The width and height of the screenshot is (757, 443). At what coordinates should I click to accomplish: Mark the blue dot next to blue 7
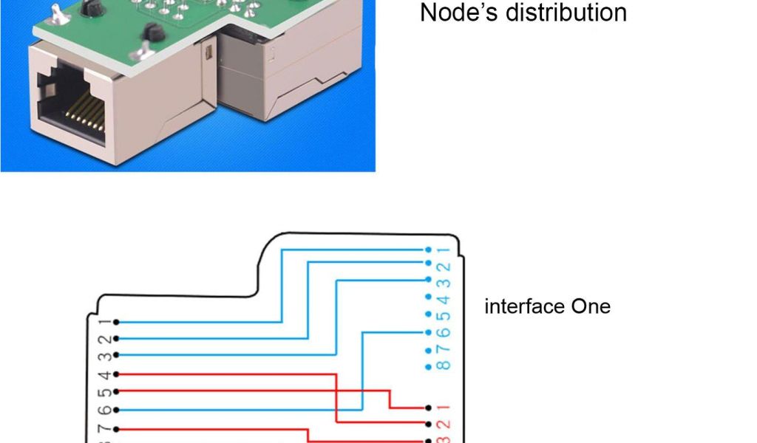tap(429, 350)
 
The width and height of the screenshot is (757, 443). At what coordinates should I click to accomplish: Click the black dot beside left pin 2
tap(117, 339)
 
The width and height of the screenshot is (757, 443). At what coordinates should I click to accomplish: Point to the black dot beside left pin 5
tap(117, 391)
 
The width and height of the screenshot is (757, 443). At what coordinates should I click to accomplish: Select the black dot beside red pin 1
tap(429, 408)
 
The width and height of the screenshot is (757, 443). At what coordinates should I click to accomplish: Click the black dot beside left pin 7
tap(117, 428)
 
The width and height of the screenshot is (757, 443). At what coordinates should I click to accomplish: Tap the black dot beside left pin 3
tap(117, 357)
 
